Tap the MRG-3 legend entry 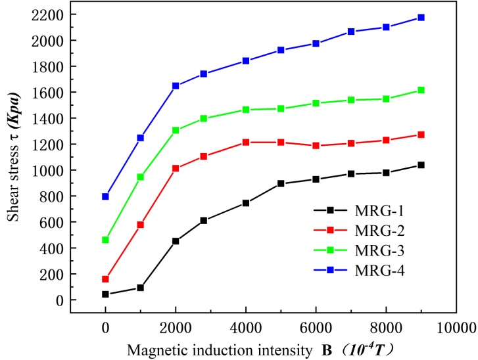354,250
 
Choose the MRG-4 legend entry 354,269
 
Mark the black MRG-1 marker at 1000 141,288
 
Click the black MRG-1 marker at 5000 281,184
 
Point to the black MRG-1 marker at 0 105,294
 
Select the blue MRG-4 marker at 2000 176,86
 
